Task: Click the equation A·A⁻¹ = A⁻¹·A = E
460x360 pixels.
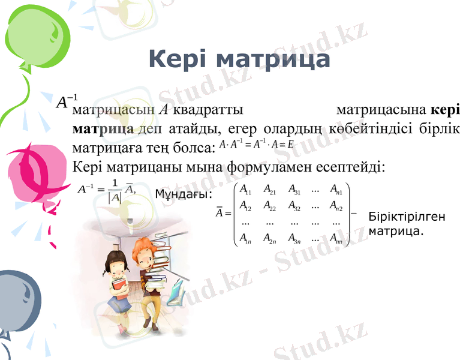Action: point(256,145)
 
